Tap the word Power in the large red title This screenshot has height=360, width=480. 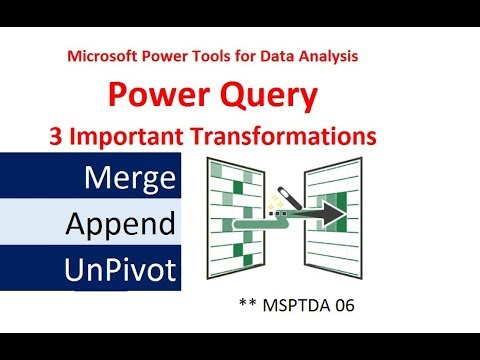(x=159, y=96)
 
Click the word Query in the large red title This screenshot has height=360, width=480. (x=268, y=96)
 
